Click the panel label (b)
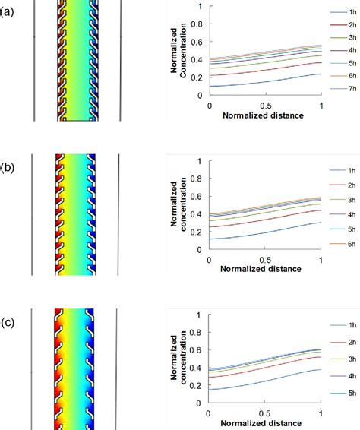(8, 164)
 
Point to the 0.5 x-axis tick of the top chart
(266, 106)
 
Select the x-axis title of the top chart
(264, 116)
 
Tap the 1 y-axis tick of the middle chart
(200, 161)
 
